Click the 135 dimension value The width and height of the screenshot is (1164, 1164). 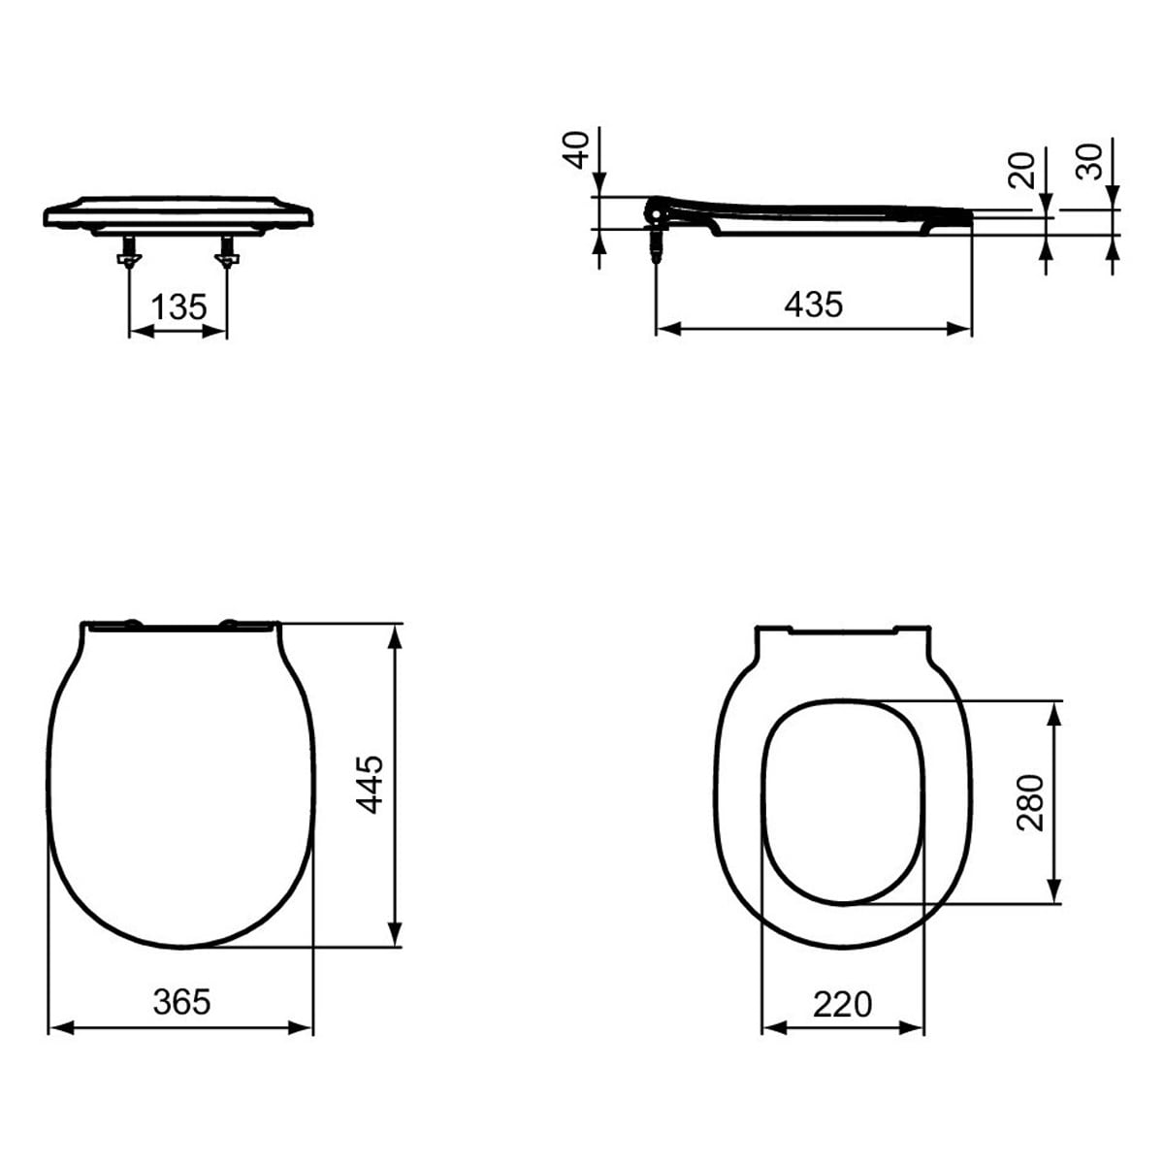click(x=178, y=307)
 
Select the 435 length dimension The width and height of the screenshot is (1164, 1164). click(x=813, y=304)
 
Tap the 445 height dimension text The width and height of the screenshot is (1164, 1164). click(x=369, y=784)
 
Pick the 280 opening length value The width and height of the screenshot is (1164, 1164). click(x=1030, y=803)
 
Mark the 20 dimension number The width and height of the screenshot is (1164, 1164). click(x=1021, y=170)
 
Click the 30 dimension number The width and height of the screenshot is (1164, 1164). click(x=1089, y=162)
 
